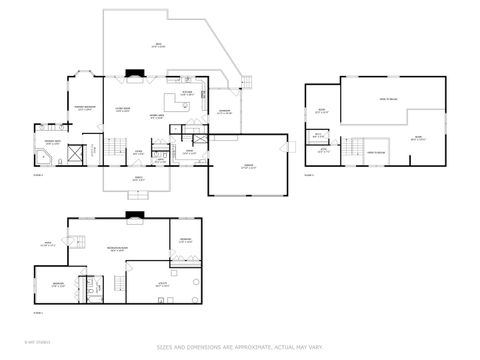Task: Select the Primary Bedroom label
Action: [82, 108]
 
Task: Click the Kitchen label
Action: [187, 93]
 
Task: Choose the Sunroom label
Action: [225, 112]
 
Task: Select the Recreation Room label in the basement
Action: [117, 248]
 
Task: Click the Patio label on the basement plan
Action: [47, 243]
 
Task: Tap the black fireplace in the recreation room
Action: [135, 214]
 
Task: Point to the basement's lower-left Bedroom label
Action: [59, 284]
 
